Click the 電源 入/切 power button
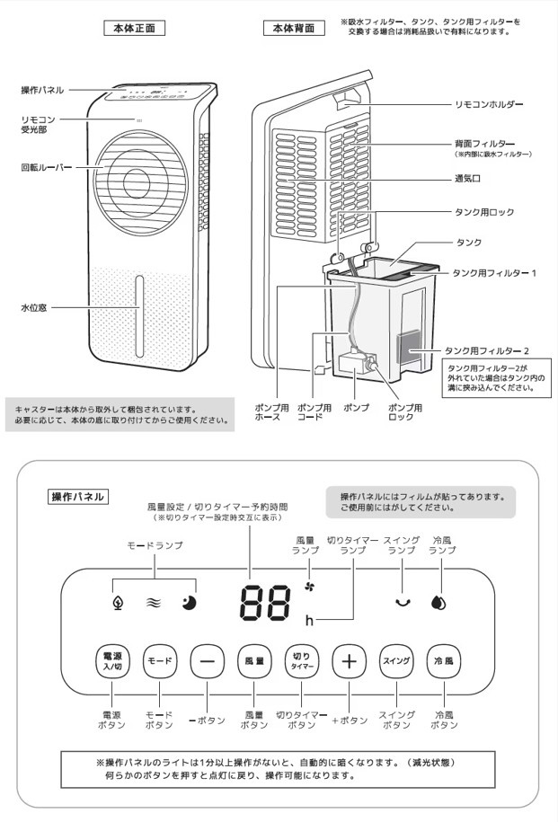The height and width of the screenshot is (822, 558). click(112, 661)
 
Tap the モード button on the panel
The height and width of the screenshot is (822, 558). click(159, 661)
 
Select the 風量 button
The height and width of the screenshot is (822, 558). click(254, 661)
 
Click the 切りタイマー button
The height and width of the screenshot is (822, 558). click(301, 661)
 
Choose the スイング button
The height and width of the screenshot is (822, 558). click(396, 661)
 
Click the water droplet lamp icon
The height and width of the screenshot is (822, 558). click(438, 603)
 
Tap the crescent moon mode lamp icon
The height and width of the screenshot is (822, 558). click(190, 603)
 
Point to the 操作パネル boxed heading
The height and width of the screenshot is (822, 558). click(78, 496)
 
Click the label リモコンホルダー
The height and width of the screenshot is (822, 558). click(488, 105)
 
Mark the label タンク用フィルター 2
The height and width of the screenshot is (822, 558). click(492, 349)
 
